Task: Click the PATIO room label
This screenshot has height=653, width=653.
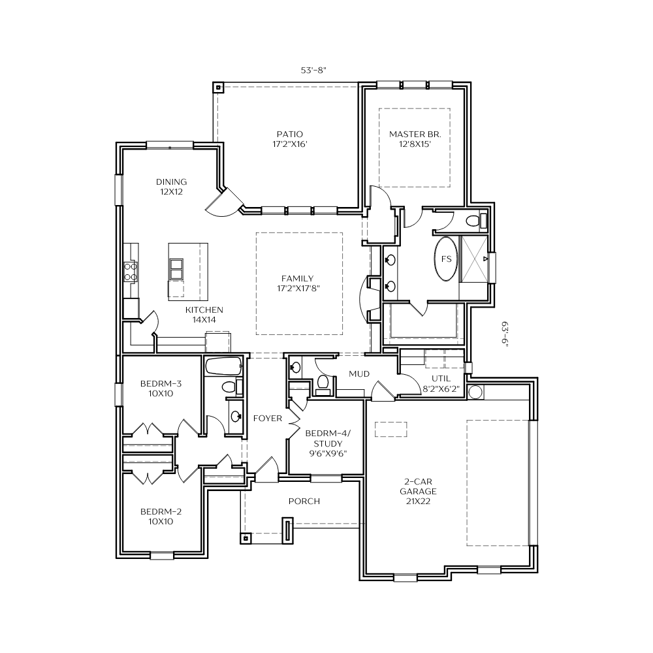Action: coord(290,139)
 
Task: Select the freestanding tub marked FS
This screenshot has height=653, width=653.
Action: coord(446,259)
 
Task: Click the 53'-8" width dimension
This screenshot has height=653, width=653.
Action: coord(313,71)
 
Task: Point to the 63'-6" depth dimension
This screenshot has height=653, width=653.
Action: coord(505,334)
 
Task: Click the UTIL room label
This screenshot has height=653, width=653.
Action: coord(441,379)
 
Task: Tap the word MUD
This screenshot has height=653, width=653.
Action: coord(359,374)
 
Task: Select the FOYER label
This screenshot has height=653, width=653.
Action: coord(267,418)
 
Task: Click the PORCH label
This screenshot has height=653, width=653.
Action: coord(304,501)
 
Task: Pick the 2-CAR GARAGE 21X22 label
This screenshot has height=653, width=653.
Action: coord(418,492)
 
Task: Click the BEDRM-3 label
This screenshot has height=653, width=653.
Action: coord(161,383)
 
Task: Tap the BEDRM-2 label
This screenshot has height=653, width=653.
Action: coord(161,511)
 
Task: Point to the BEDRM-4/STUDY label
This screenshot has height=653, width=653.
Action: coord(328,439)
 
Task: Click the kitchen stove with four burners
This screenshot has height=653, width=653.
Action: coord(131,271)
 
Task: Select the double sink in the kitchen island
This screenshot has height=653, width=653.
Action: coord(176,269)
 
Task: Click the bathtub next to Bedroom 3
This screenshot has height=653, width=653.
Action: coord(223,367)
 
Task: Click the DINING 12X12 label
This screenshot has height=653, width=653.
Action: coord(171,187)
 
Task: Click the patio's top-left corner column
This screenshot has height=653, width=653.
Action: coord(218,88)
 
